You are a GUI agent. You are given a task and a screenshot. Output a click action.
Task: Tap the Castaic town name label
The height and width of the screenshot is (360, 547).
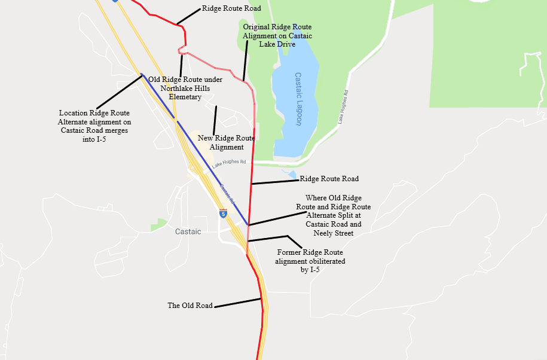[188, 231]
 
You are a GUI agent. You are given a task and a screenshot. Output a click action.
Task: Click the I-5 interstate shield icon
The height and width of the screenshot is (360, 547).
[223, 213]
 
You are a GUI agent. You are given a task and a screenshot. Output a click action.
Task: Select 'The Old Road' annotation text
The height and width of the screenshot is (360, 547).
[190, 306]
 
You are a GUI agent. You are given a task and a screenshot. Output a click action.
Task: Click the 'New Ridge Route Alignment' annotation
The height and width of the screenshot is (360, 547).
[226, 142]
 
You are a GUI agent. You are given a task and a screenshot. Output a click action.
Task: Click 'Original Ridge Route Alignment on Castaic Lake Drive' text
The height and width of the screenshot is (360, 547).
[277, 35]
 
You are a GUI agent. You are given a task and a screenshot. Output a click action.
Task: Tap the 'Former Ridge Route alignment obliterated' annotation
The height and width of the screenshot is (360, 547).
[310, 261]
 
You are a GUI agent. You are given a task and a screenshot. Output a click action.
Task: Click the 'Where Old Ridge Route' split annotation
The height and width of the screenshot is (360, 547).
[333, 215]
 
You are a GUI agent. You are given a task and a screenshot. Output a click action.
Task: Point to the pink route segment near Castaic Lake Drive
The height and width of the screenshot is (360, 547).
[221, 69]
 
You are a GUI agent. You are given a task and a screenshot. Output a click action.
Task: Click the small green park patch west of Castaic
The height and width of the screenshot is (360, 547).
[158, 225]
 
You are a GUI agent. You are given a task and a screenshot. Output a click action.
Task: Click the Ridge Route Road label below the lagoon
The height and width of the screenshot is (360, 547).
[329, 178]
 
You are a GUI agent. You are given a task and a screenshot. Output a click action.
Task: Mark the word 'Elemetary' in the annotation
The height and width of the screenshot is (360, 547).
[185, 97]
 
